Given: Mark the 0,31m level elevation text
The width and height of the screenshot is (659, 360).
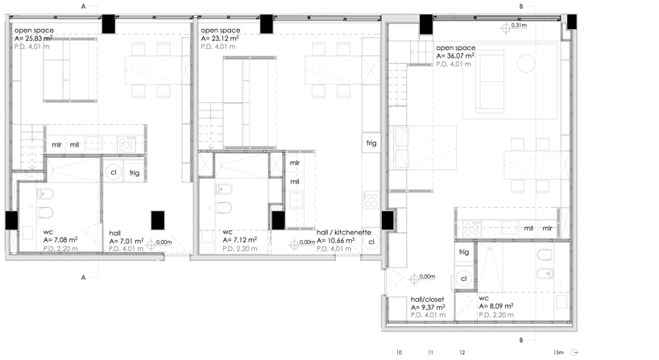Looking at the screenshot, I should pyautogui.click(x=519, y=26).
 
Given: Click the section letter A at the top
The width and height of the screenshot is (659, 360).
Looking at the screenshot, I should pyautogui.click(x=83, y=6).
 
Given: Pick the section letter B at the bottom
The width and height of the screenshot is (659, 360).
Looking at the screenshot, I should pyautogui.click(x=521, y=341).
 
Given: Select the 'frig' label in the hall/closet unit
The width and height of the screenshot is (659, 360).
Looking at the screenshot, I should pyautogui.click(x=464, y=252).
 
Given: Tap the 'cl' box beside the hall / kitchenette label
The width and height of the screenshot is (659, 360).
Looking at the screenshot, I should pyautogui.click(x=371, y=241).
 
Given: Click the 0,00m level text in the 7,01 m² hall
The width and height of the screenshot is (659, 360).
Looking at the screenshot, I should pyautogui.click(x=164, y=242).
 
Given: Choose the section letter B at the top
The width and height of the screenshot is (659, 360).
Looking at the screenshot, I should pyautogui.click(x=521, y=6).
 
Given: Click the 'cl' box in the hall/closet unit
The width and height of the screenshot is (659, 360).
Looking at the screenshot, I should pyautogui.click(x=464, y=279).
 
